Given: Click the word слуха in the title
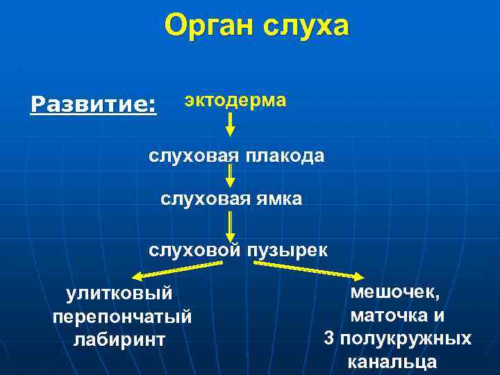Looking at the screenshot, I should (x=306, y=28).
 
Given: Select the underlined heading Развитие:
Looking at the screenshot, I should (x=94, y=105).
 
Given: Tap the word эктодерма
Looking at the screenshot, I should (x=234, y=100).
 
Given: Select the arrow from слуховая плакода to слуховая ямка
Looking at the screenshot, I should (x=231, y=176).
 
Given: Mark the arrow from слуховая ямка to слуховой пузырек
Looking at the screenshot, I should (x=231, y=225).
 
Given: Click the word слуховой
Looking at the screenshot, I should (x=192, y=249).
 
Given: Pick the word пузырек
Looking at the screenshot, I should (x=286, y=249).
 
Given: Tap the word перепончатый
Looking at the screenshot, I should (x=122, y=317).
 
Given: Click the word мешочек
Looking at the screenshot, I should (x=394, y=292).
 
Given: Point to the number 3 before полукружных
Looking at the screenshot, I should (x=329, y=338).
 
